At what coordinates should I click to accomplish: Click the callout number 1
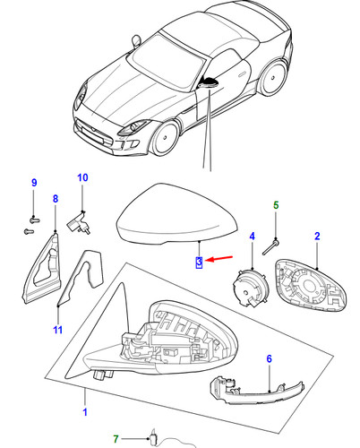point(85,412)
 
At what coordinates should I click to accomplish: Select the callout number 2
point(317,237)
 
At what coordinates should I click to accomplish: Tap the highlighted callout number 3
point(199,262)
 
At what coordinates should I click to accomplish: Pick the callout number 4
point(253,237)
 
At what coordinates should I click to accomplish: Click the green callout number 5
point(276,205)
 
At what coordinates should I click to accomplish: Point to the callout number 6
point(270,358)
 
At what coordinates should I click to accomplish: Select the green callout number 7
point(116,439)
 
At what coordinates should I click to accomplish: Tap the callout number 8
point(56,199)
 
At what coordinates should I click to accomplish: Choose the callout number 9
point(34,183)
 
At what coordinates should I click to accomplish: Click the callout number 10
point(82,177)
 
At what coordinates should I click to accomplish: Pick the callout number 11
point(58,330)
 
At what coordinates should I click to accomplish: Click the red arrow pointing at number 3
point(219,258)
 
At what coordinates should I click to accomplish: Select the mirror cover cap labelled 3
point(177,214)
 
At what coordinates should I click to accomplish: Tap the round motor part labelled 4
point(251,289)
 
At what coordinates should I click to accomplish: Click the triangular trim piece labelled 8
point(41,268)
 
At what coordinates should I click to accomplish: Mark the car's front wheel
point(166,138)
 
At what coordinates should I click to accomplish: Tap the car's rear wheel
point(273,78)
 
